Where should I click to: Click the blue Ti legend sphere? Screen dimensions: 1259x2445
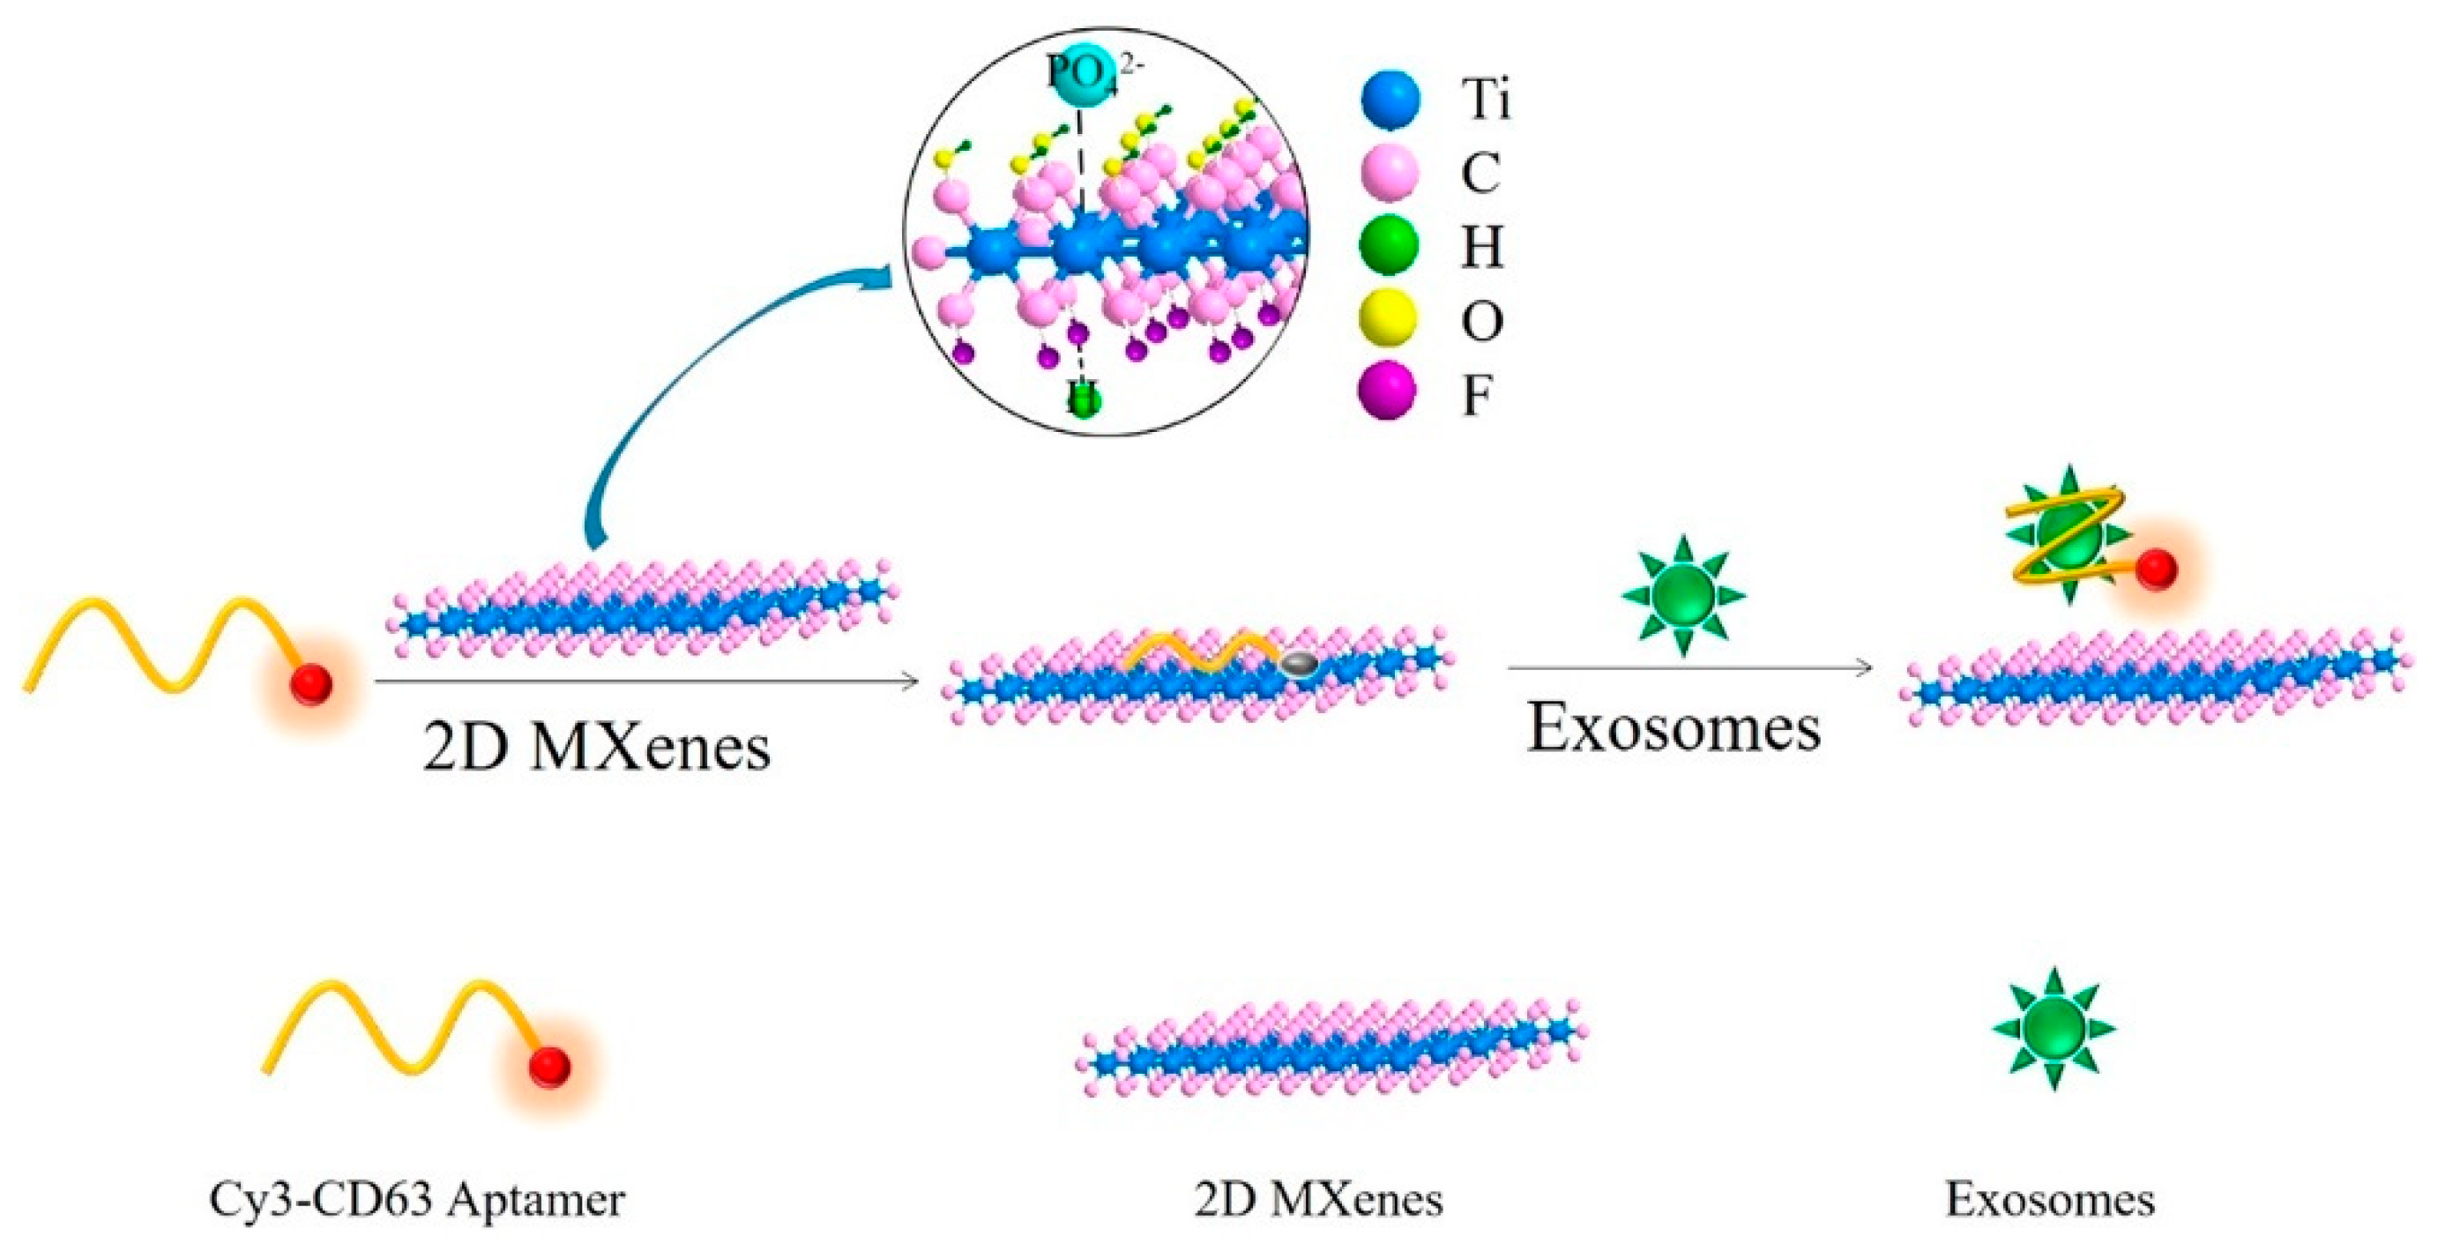point(1390,100)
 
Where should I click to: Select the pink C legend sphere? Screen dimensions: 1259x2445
point(1390,173)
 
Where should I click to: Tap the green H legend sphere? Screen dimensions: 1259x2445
point(1390,246)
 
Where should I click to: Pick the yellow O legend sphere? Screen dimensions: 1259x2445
point(1390,319)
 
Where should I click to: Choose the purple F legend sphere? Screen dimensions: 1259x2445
point(1390,391)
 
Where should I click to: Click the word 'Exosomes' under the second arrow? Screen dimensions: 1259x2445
point(1673,728)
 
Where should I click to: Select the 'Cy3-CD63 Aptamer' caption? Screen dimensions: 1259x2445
point(417,1200)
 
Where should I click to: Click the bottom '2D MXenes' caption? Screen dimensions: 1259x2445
point(1319,1200)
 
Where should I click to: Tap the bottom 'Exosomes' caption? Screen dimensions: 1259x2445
point(2050,1200)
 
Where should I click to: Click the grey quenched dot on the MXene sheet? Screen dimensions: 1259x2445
point(1298,665)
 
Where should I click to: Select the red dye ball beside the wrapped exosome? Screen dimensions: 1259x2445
point(2156,570)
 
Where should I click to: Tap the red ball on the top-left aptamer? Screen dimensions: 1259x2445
point(311,683)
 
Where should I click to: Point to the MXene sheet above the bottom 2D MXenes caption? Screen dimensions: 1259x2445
point(1329,1048)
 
